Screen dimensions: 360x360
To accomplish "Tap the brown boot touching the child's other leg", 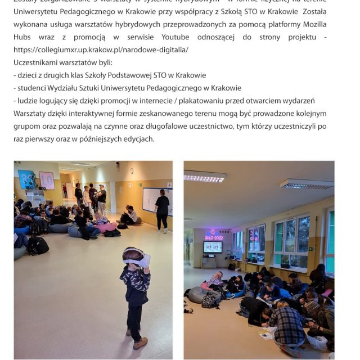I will coord(140,342).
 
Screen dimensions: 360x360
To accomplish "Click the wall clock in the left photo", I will coord(132,171).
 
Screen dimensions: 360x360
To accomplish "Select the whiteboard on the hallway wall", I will coord(150,200).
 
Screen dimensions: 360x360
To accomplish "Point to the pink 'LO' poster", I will coord(47,181).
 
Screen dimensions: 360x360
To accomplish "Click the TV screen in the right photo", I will coord(213,247).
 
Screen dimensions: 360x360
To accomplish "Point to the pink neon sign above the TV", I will coord(213,234).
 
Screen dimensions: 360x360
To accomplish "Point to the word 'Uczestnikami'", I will coord(36,62).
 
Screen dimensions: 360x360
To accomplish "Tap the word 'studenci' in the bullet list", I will coord(33,88).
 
